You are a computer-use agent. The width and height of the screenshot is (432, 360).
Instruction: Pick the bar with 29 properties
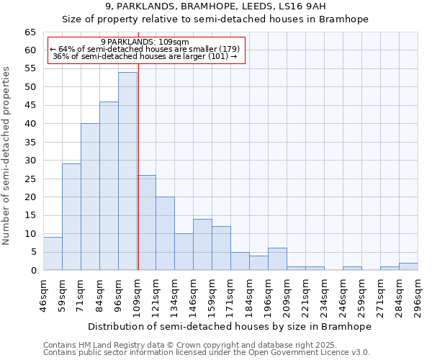(x=71, y=217)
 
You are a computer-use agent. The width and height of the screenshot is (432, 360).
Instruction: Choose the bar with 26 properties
(x=146, y=222)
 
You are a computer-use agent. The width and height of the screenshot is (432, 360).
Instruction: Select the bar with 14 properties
(x=202, y=245)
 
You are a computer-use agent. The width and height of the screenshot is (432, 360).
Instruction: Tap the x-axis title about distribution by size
(x=230, y=326)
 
